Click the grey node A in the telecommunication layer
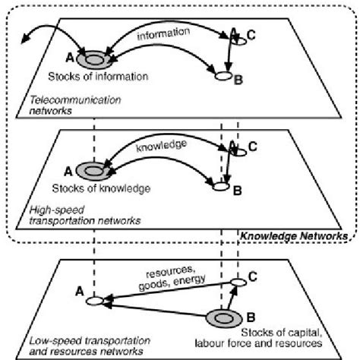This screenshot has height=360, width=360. point(96,58)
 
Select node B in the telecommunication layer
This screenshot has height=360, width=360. point(223,77)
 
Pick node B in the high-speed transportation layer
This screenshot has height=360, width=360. point(222,185)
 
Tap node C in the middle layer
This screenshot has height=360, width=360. point(238,153)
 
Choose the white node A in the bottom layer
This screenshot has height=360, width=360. point(95,302)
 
